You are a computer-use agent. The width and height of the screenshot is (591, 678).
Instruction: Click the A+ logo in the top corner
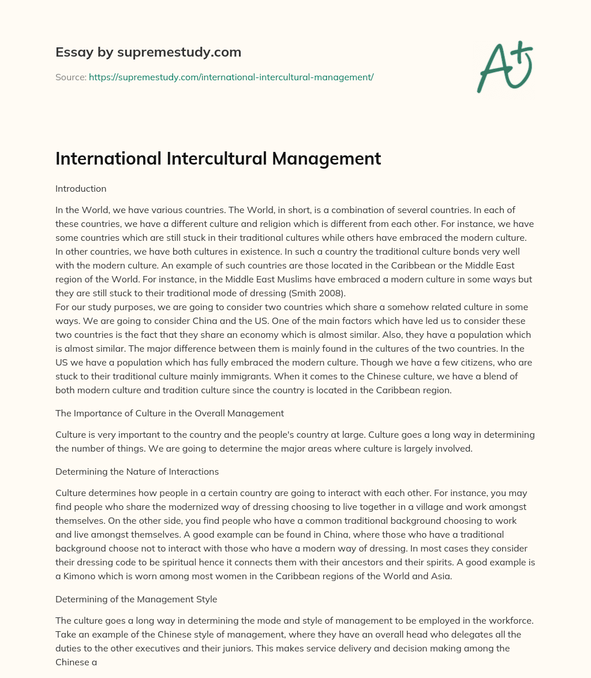[x=503, y=66]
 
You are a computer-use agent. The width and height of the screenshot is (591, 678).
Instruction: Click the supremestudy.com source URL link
[x=231, y=77]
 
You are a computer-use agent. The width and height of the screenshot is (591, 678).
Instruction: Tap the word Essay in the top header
[x=70, y=53]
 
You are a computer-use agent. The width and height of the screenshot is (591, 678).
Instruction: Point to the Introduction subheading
[x=81, y=189]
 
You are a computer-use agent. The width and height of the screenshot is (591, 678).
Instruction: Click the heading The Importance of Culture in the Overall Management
[x=169, y=412]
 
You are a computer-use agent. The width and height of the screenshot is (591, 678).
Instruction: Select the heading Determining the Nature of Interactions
[x=137, y=471]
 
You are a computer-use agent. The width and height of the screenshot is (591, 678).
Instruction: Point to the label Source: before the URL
[x=70, y=77]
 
